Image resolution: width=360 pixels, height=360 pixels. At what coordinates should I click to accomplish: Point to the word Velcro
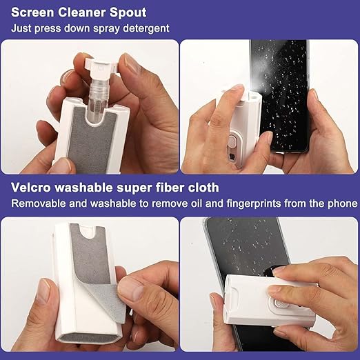tap(30, 188)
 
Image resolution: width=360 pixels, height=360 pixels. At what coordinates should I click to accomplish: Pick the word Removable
tap(37, 203)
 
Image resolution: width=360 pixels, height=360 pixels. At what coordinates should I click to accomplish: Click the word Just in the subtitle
tap(22, 28)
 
